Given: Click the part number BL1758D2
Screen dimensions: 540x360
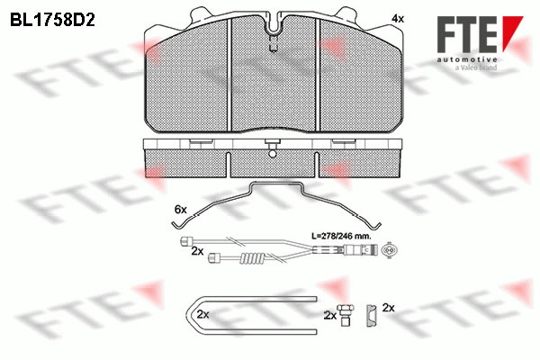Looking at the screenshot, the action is point(52,21).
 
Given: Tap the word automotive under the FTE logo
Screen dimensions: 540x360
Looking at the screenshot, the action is point(467,59).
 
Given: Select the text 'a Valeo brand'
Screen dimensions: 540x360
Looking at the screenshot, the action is point(475,67).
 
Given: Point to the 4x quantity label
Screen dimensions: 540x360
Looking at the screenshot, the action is point(398,19).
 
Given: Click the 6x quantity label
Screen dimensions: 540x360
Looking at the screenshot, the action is point(181,209).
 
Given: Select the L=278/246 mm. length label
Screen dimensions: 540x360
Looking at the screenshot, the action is point(341,237).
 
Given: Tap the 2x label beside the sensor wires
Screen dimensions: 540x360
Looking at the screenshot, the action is point(197,251).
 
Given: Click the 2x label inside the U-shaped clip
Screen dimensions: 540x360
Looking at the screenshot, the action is point(203,314).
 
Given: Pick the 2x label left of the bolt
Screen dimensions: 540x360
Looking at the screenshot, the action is point(330,315).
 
